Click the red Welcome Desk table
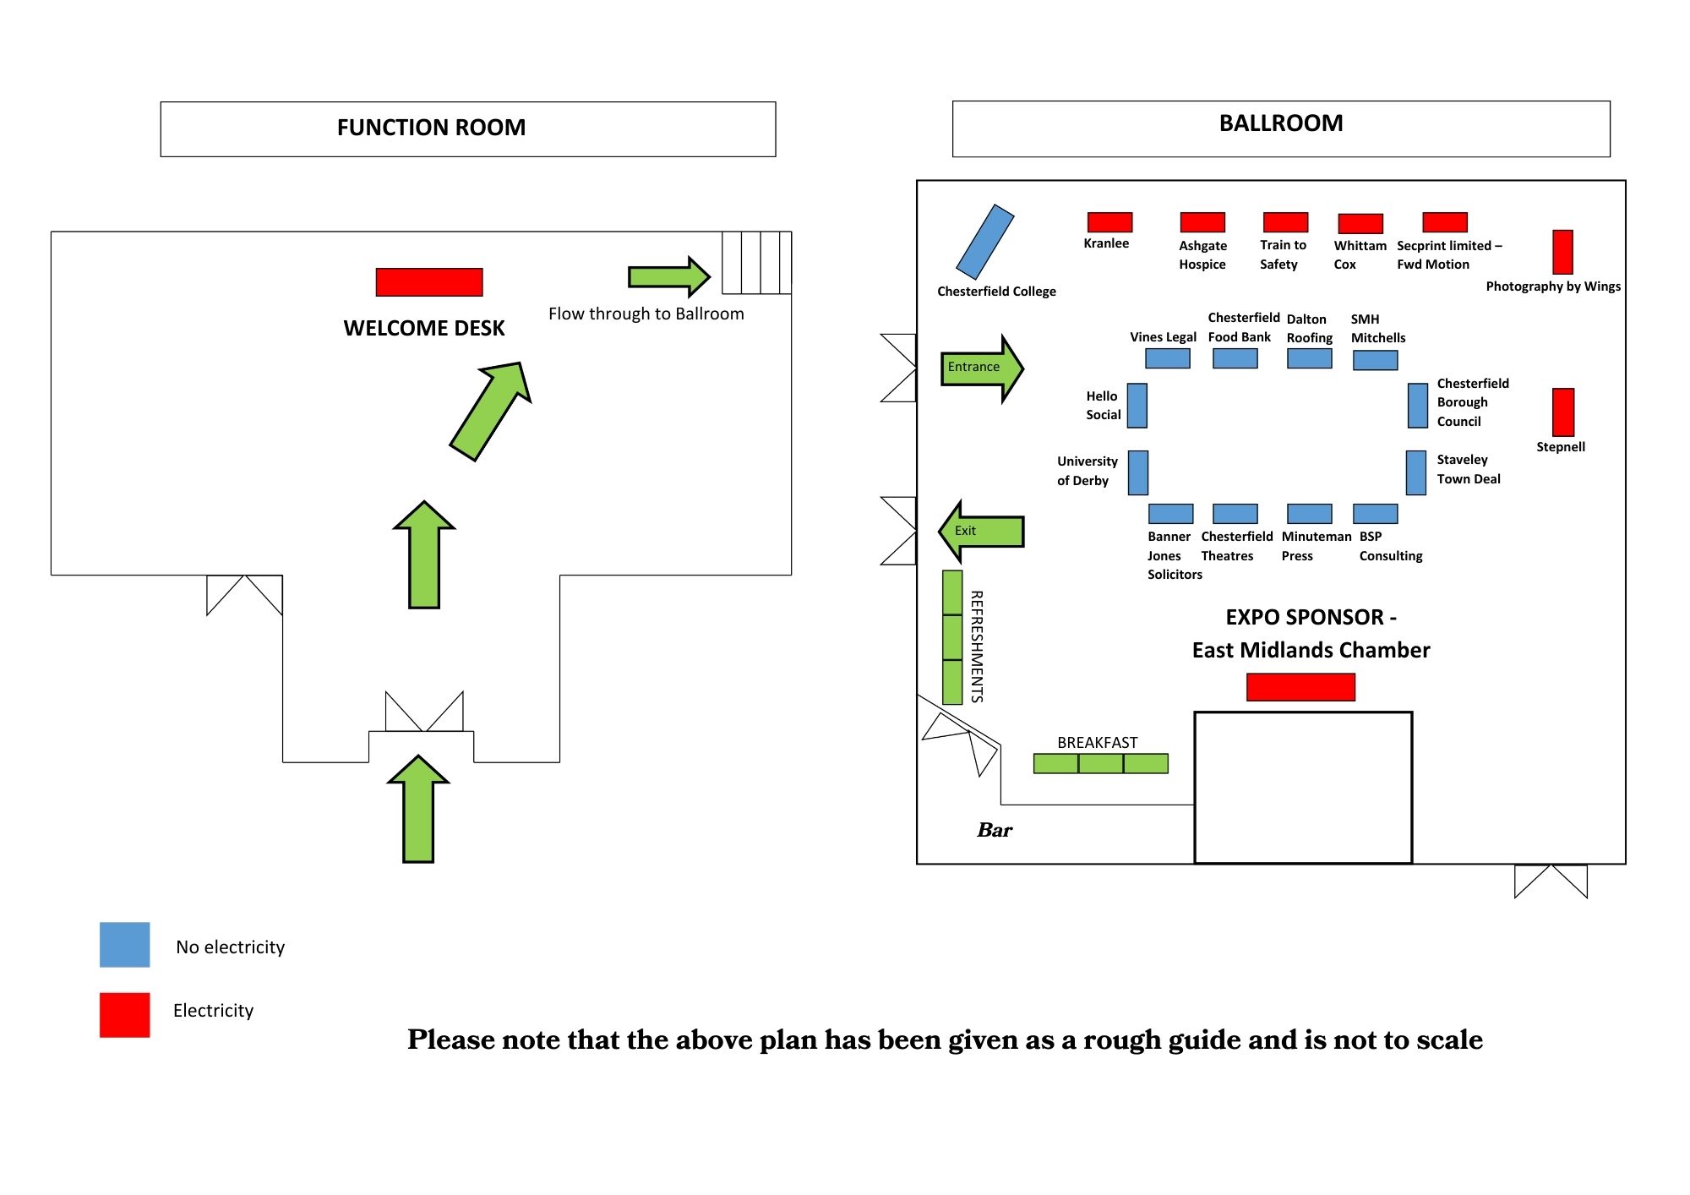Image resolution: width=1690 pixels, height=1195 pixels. (x=429, y=282)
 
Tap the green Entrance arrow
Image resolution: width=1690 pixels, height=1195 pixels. (x=981, y=368)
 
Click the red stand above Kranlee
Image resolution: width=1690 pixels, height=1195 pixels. (x=1109, y=222)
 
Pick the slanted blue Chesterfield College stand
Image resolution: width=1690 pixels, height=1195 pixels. (x=984, y=242)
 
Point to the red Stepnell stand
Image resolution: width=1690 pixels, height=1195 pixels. (x=1563, y=412)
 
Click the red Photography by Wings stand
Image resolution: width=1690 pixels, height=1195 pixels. (x=1563, y=252)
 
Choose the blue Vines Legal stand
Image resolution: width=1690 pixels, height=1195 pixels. (x=1168, y=359)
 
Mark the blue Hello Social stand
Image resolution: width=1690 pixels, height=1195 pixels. (x=1137, y=406)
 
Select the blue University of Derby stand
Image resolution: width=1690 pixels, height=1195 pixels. (x=1138, y=472)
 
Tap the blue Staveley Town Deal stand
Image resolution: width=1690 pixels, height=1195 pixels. (x=1416, y=472)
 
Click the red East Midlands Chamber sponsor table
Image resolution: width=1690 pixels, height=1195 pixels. (x=1300, y=687)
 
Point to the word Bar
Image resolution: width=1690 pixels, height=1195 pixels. (x=995, y=831)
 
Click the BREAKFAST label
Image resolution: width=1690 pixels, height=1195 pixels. (x=1097, y=743)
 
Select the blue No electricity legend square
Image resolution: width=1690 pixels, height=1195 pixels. (x=125, y=945)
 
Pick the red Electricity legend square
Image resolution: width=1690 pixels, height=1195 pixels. (x=125, y=1015)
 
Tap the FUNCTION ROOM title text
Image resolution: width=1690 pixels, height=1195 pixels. (x=431, y=128)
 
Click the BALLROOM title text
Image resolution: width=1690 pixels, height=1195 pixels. (x=1281, y=123)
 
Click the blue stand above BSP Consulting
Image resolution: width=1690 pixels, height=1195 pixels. (x=1376, y=514)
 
